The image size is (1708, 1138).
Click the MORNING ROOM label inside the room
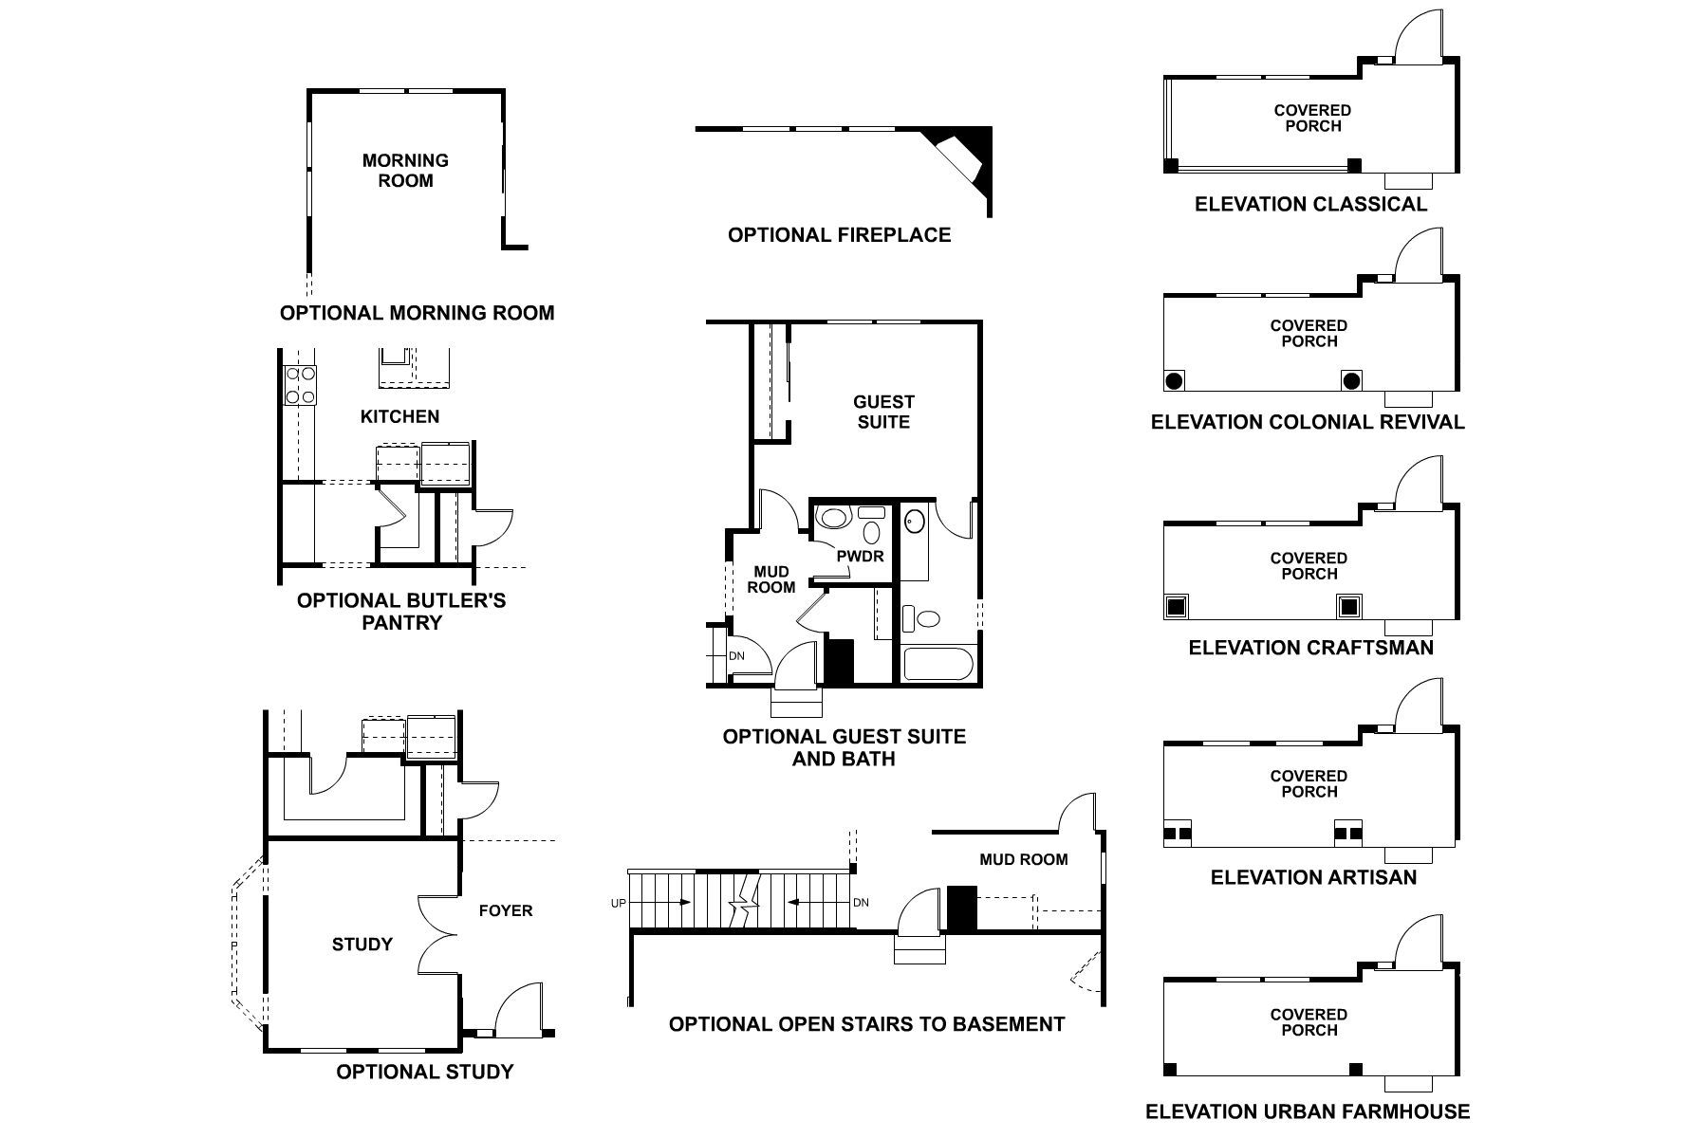click(405, 171)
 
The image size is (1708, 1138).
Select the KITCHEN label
click(399, 416)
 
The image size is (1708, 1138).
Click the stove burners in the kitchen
click(301, 386)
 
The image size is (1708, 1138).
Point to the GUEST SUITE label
click(883, 412)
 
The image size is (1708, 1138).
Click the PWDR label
click(860, 557)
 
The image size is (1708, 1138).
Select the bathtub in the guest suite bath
click(938, 664)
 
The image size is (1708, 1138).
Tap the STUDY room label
click(362, 945)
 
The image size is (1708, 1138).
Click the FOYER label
click(505, 910)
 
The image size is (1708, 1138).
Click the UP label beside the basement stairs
click(618, 904)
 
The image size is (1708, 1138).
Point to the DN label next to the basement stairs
click(861, 903)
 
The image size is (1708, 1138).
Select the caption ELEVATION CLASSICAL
click(1310, 204)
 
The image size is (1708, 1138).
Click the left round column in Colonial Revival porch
click(1174, 381)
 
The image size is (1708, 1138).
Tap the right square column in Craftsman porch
click(1348, 606)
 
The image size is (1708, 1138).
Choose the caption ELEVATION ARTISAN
click(1313, 877)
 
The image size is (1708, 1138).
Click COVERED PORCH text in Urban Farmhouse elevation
click(1309, 1022)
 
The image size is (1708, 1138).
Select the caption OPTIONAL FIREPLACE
click(839, 235)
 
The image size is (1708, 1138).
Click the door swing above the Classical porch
click(1419, 36)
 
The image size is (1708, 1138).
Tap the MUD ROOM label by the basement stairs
click(1023, 859)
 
